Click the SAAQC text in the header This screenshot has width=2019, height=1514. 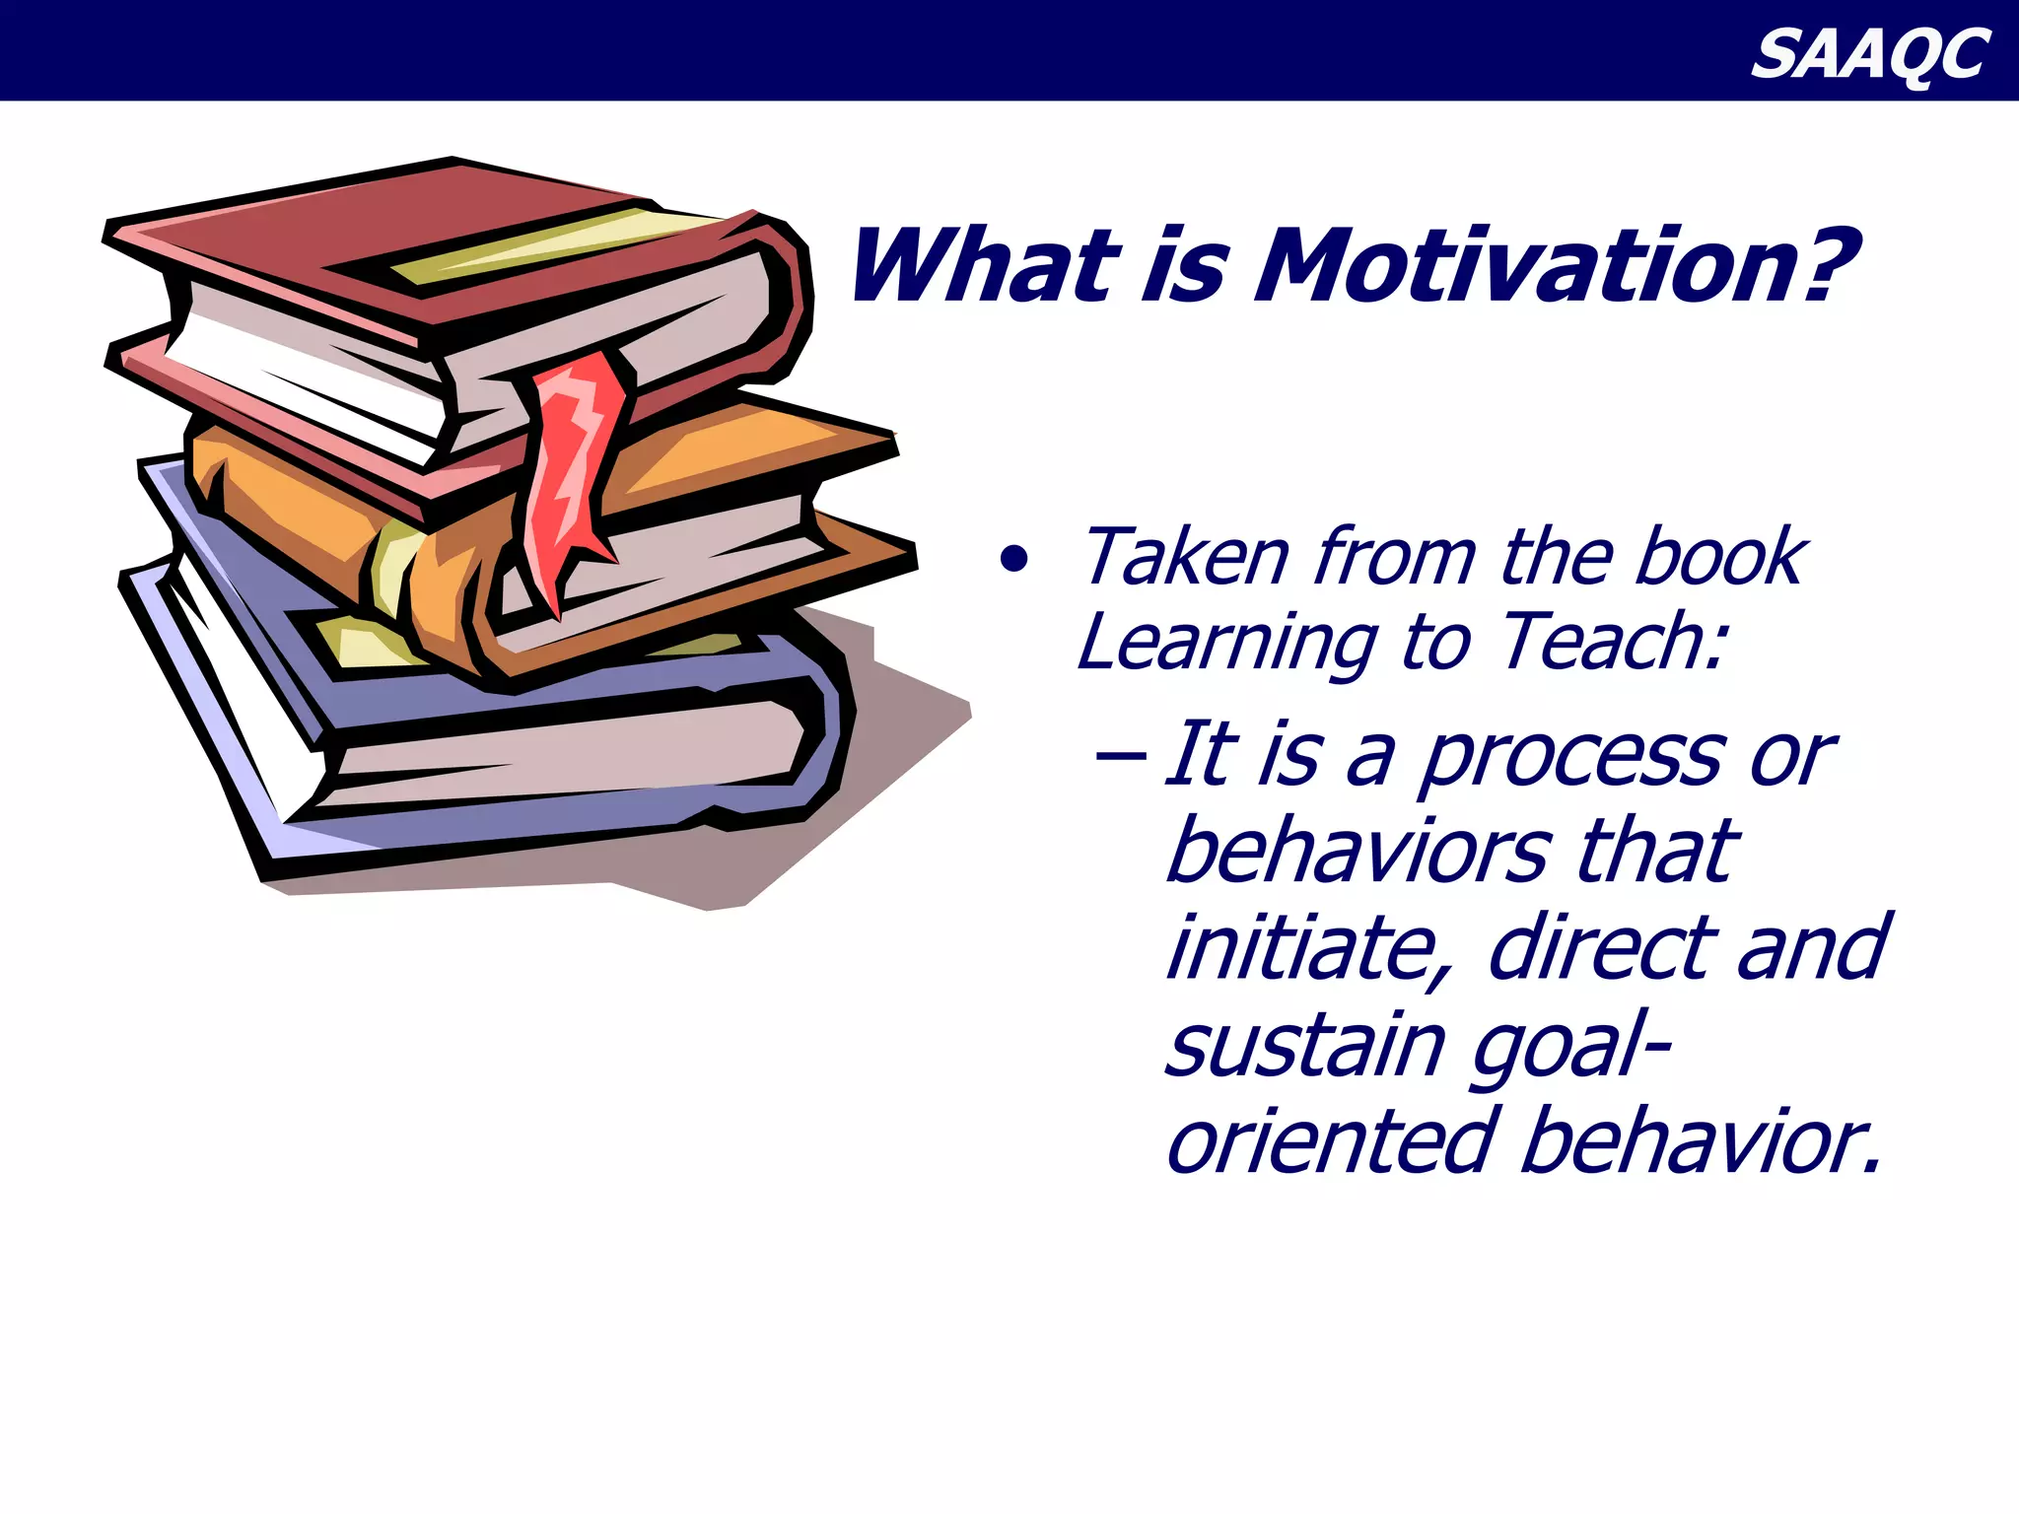point(1869,54)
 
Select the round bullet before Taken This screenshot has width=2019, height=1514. point(1013,560)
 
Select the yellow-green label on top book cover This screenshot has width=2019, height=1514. point(552,242)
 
